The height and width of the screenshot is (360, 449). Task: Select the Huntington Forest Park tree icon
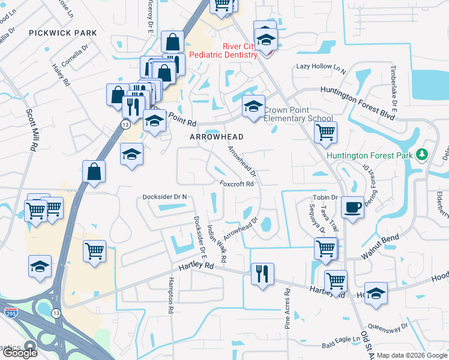point(422,155)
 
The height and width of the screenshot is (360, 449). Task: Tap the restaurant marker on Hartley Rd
point(262,274)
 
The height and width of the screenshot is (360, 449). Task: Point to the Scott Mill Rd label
point(31,129)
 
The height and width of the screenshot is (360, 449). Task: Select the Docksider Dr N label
point(165,197)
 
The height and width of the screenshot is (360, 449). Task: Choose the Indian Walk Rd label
point(217,243)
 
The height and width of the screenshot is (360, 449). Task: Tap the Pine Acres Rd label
point(288,308)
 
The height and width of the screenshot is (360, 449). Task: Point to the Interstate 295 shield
point(10,313)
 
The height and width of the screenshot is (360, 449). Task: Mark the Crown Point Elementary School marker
point(253,108)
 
